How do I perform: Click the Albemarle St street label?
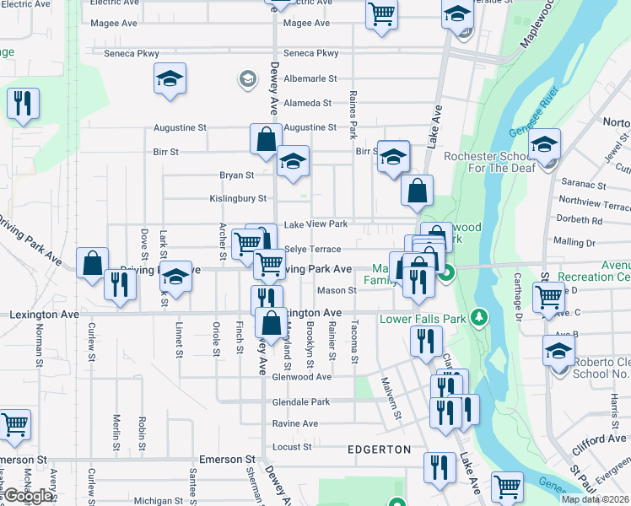click(310, 78)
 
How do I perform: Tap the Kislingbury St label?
click(238, 199)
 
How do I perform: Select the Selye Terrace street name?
click(312, 250)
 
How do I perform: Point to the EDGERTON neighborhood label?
click(379, 449)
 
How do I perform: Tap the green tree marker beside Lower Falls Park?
click(480, 317)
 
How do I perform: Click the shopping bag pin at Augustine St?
click(266, 139)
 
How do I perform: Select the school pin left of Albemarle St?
click(170, 81)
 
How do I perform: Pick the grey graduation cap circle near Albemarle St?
click(247, 79)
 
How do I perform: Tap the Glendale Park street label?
click(301, 402)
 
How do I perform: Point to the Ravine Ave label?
click(294, 423)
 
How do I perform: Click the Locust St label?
click(292, 446)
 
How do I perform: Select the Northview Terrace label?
click(594, 205)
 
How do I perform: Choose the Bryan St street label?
click(236, 175)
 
